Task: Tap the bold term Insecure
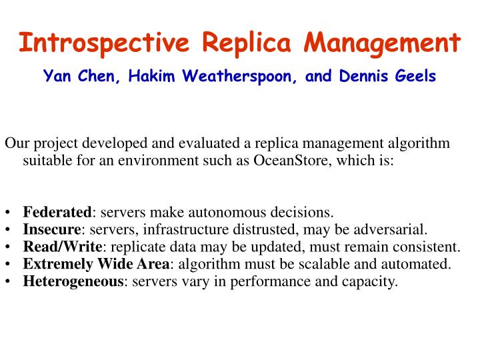(x=52, y=230)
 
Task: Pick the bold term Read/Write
(x=59, y=247)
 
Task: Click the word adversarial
(x=392, y=230)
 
